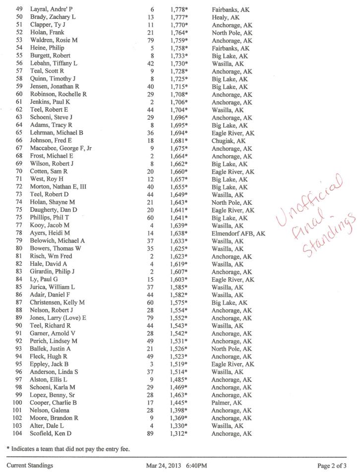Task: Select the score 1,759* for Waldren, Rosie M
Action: [179, 40]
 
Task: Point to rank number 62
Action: [20, 110]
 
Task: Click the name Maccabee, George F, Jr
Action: [60, 149]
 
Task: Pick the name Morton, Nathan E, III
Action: [60, 187]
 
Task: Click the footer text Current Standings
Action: [30, 466]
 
